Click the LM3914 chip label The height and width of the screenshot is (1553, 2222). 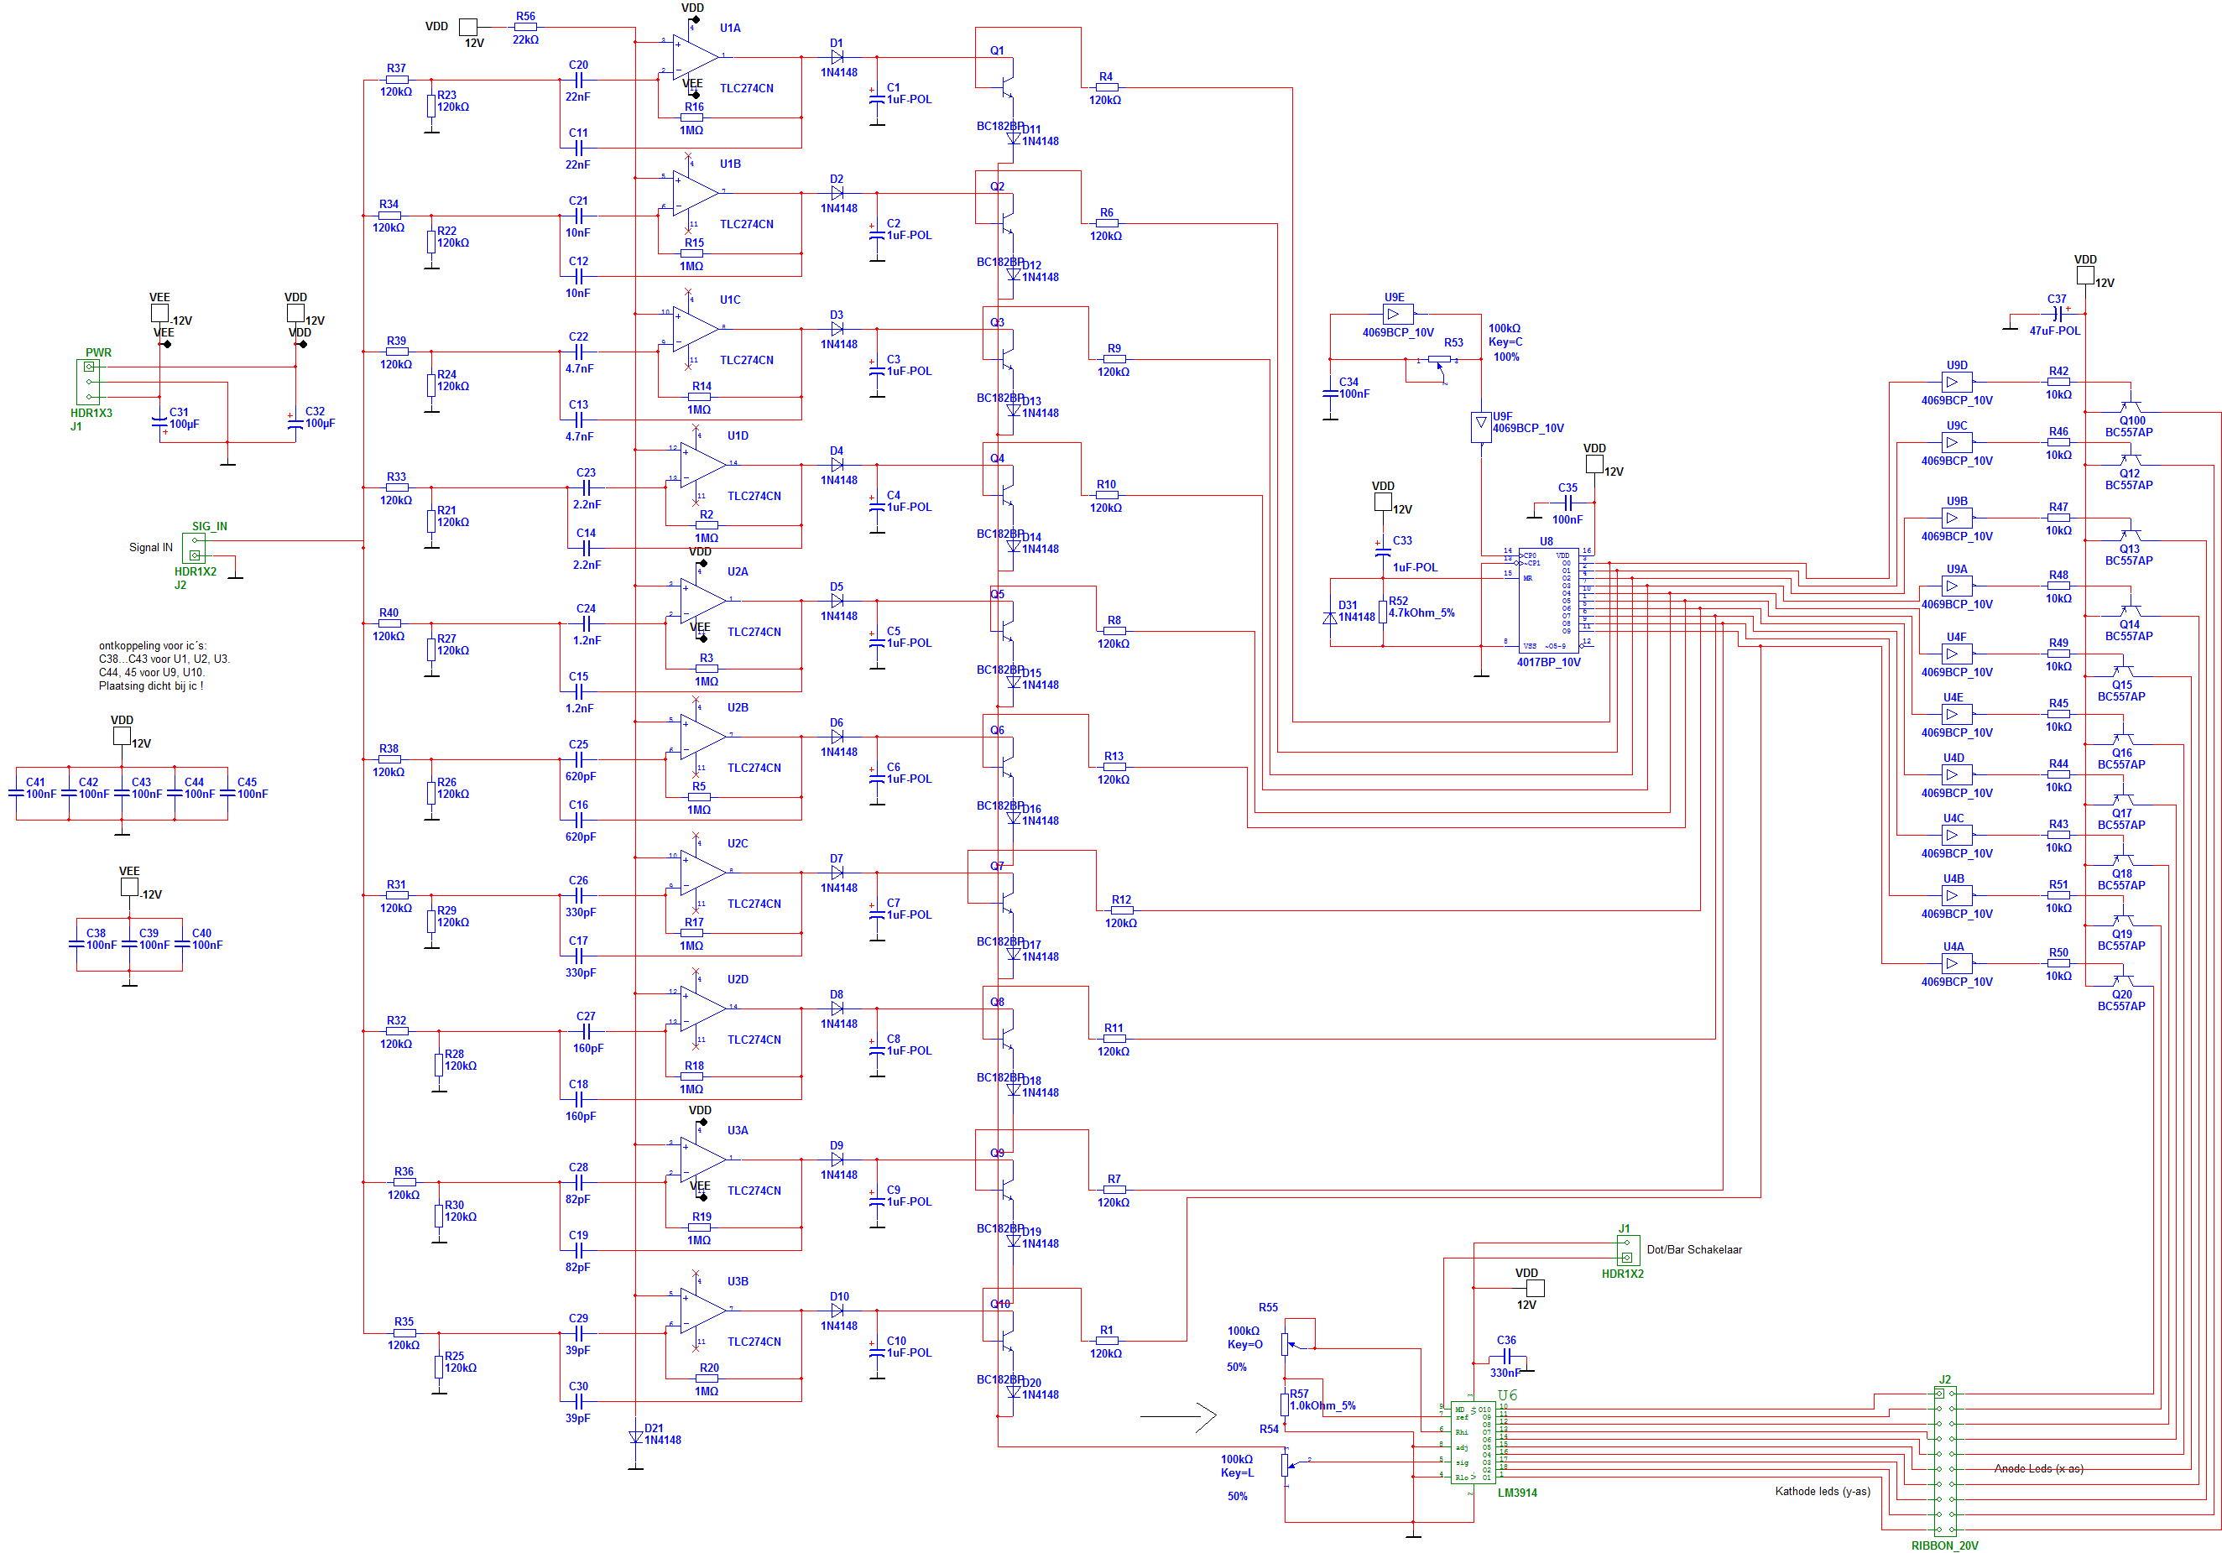click(x=1516, y=1492)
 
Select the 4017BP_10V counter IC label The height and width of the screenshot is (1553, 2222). click(x=1547, y=662)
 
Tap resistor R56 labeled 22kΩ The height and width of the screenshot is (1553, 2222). click(x=524, y=27)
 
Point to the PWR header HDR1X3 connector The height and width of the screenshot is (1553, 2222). click(x=88, y=381)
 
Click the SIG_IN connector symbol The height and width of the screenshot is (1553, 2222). click(x=195, y=548)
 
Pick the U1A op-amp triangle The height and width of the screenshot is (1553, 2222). click(x=694, y=57)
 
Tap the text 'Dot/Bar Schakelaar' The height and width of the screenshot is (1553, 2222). click(x=1693, y=1249)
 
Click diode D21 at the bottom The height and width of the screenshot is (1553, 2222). click(x=636, y=1437)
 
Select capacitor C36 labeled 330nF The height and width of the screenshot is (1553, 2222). click(x=1506, y=1358)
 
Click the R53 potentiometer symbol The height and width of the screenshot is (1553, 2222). click(x=1439, y=360)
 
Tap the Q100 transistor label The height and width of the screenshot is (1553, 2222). click(x=2132, y=421)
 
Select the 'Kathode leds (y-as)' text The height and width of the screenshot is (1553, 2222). click(x=1822, y=1491)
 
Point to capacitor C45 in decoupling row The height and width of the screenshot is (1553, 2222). click(x=227, y=794)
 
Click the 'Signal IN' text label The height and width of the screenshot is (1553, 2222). click(x=150, y=548)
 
